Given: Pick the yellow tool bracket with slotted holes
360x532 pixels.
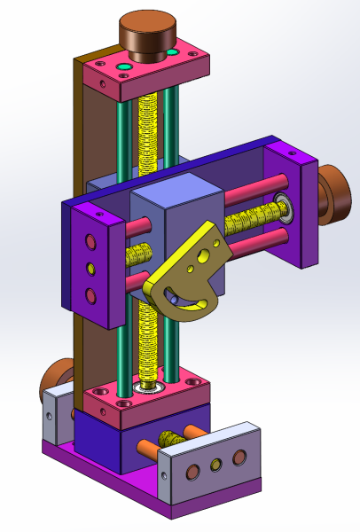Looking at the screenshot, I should point(191,275).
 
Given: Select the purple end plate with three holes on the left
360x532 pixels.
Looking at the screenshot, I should point(92,267).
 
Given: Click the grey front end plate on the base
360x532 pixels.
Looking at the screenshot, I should point(213,465).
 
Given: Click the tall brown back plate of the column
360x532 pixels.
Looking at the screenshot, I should point(85,133).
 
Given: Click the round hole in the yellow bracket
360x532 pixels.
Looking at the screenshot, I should point(206,257).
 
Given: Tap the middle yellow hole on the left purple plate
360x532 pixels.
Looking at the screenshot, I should point(90,268).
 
